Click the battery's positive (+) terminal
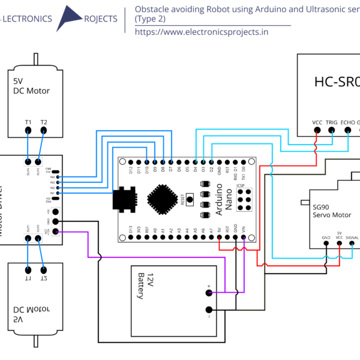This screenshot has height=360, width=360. click(x=209, y=293)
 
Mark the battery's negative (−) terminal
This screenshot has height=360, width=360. click(x=209, y=310)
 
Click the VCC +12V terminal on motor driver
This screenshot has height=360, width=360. click(x=56, y=232)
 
